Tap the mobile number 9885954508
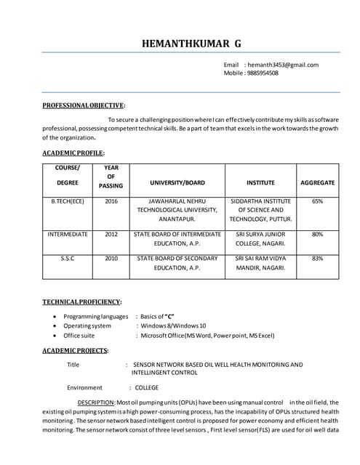tap(263, 73)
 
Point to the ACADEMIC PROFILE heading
tap(73, 153)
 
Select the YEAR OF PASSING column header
tap(111, 177)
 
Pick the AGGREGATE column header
tap(317, 182)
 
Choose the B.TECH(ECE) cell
tap(68, 201)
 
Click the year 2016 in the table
tap(111, 201)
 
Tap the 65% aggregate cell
tap(317, 201)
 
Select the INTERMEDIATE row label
tap(68, 235)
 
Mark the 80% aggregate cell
tap(317, 235)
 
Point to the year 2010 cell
tap(111, 258)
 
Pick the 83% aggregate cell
tap(317, 258)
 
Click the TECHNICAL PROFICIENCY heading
tap(81, 302)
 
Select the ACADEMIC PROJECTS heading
tap(75, 351)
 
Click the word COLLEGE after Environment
tap(146, 388)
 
